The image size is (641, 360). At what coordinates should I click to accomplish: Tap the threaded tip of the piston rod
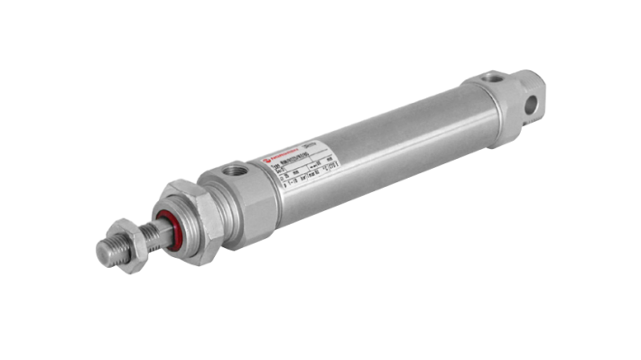(107, 251)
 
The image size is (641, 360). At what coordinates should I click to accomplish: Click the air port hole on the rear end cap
(493, 80)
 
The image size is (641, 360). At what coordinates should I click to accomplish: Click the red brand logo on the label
(268, 162)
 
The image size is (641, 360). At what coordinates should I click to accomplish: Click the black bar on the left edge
(27, 180)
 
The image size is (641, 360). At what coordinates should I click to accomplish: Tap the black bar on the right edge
(613, 180)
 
